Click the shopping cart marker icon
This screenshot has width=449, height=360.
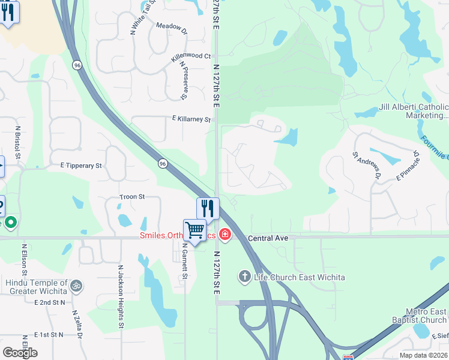click(x=195, y=230)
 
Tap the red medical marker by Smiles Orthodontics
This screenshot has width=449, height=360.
click(x=225, y=234)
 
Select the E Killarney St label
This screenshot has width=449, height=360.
click(x=191, y=119)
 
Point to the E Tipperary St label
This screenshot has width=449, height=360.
click(x=82, y=165)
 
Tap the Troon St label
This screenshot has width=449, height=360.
click(x=133, y=197)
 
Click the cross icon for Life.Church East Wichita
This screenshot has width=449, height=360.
click(x=244, y=277)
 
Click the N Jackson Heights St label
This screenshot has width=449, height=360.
click(x=121, y=297)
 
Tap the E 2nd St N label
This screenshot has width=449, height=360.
click(x=50, y=303)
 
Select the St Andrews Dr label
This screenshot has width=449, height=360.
click(x=367, y=166)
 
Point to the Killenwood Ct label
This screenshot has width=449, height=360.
click(x=191, y=56)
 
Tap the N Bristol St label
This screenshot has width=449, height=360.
click(x=18, y=143)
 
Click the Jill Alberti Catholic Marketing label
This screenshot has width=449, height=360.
click(x=414, y=111)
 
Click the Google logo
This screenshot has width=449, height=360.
click(x=20, y=353)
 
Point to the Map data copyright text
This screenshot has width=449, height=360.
click(x=424, y=355)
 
